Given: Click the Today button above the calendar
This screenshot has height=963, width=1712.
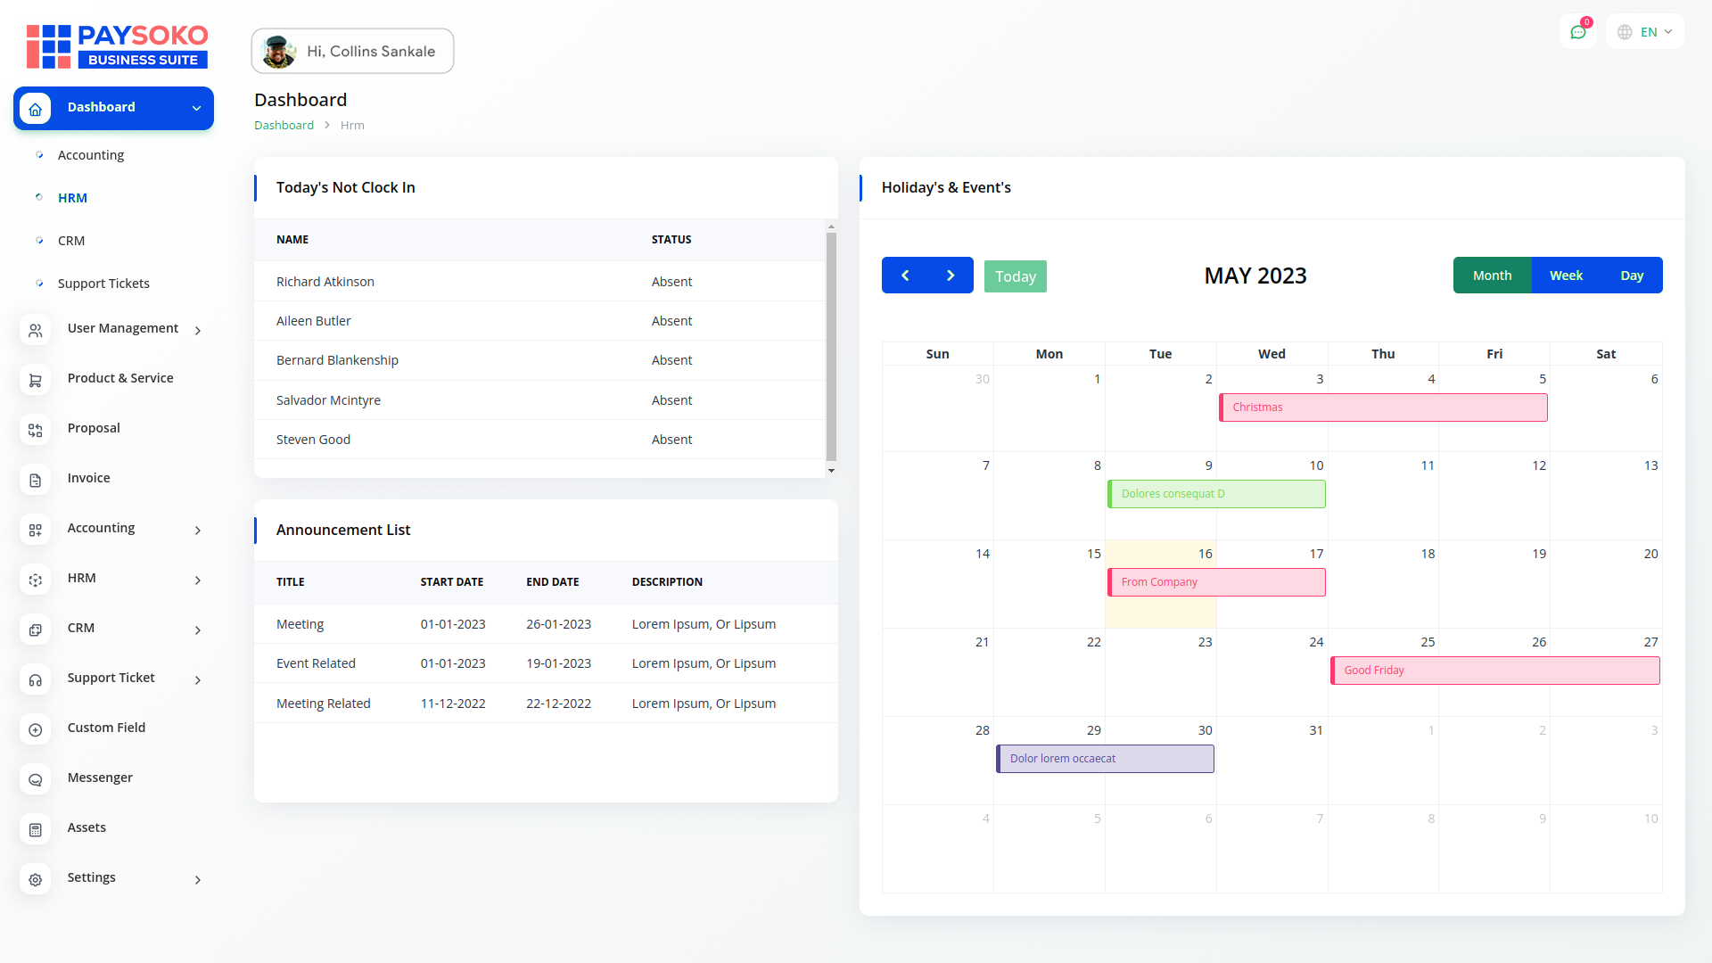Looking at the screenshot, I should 1015,276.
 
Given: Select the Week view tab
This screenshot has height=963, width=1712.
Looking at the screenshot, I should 1566,276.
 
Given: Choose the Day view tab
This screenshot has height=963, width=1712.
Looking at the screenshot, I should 1632,276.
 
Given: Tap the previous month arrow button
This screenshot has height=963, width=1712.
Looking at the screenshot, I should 905,276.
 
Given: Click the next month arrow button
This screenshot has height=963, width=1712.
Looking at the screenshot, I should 951,276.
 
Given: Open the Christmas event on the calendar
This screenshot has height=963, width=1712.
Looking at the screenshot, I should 1383,407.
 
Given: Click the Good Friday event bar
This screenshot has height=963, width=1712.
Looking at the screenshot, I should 1494,671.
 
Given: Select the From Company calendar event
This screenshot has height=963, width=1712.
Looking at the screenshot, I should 1216,582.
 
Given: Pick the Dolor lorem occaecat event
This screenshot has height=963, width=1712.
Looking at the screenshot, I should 1105,759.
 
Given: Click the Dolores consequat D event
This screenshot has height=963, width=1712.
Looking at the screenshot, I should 1216,494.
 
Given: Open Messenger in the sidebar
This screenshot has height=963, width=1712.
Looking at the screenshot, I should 100,778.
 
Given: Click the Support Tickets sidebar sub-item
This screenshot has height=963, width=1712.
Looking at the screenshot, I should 103,284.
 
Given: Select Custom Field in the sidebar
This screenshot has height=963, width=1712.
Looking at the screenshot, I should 106,728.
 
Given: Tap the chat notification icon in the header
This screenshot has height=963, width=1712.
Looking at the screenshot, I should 1578,32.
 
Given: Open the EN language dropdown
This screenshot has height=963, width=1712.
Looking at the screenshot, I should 1646,32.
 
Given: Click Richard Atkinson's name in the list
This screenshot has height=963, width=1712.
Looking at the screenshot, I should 325,282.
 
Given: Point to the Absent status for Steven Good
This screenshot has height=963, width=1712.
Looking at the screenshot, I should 671,440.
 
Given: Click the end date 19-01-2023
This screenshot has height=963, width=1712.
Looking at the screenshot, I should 558,663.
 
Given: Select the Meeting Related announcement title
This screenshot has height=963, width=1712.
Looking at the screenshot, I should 324,704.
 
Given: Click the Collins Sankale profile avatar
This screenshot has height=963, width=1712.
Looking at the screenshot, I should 279,52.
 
